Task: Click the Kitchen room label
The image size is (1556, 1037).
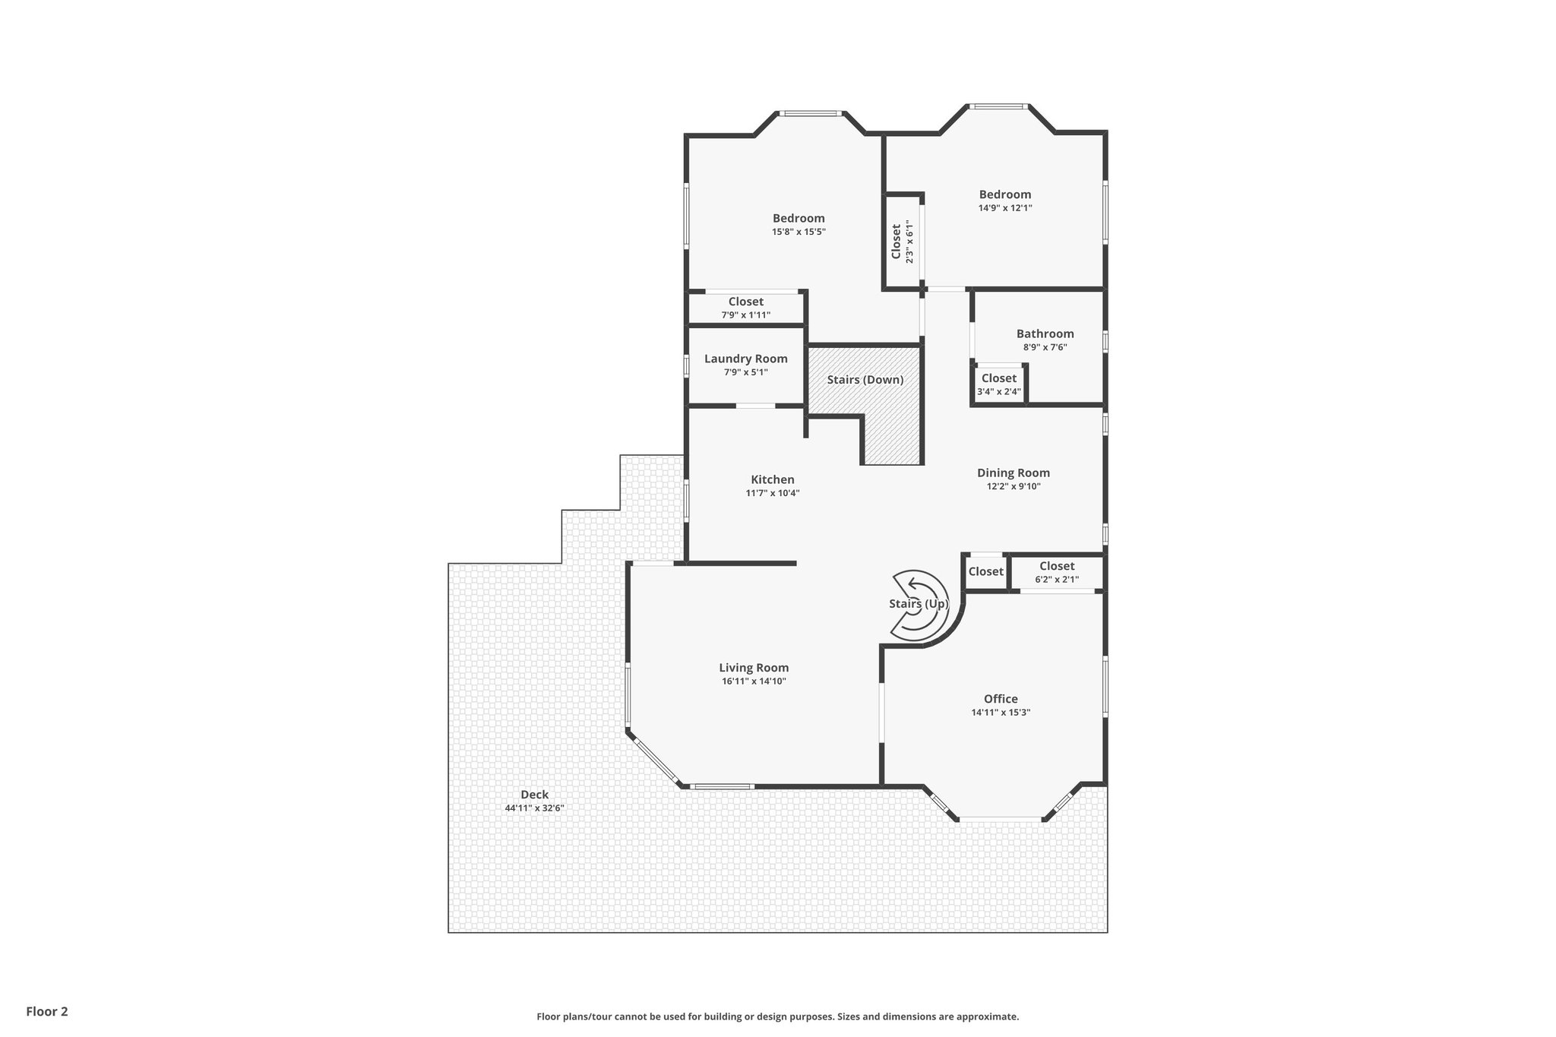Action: [x=772, y=479]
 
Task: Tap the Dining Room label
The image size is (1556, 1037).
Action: [x=1013, y=473]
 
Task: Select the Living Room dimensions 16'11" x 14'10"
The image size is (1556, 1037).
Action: [x=754, y=681]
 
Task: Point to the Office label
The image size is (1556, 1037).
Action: [x=1000, y=699]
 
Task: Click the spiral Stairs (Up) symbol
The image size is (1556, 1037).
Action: [x=919, y=603]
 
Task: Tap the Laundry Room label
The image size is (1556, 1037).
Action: [x=745, y=359]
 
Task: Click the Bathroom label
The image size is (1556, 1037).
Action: [x=1045, y=334]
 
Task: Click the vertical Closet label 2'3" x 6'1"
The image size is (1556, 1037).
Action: [x=902, y=242]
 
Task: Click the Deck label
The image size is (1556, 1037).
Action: [x=534, y=795]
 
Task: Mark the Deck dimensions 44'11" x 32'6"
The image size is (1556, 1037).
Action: [x=534, y=808]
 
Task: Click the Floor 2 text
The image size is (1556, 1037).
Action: [x=47, y=1011]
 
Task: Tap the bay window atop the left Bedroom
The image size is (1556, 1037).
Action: [x=811, y=114]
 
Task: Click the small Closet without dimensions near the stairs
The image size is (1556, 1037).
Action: [x=985, y=571]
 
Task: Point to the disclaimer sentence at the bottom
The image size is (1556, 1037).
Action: [x=777, y=1016]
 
